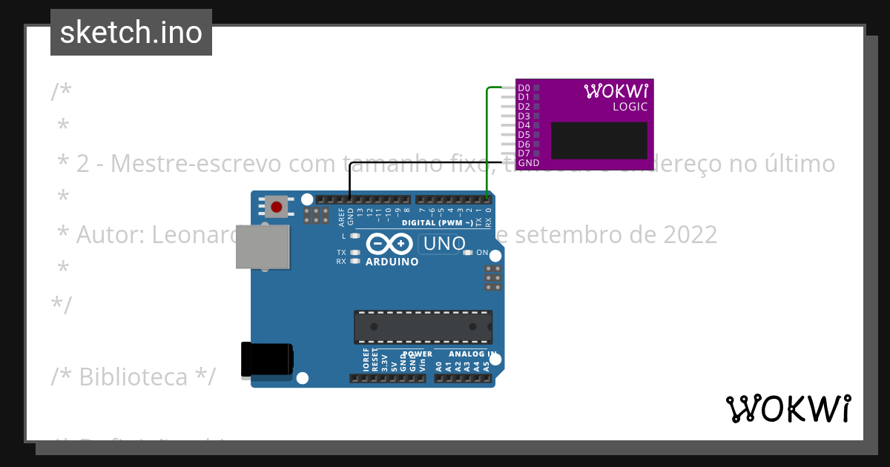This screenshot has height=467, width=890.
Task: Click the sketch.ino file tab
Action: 131,33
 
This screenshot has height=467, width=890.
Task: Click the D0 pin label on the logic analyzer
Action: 524,87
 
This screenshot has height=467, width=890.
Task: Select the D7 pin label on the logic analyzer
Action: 524,153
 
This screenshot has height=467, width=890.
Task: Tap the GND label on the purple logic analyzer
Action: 529,163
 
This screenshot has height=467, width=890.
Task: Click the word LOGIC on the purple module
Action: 630,107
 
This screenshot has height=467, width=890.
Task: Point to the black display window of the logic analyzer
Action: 599,141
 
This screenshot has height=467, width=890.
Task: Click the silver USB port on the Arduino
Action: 263,246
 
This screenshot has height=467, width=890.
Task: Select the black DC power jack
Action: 266,361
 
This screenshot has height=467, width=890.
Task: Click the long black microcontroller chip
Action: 423,327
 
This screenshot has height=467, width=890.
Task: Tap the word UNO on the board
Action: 444,243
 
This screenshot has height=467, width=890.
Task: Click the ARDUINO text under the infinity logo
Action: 392,262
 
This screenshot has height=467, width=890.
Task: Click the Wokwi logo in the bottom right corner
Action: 788,408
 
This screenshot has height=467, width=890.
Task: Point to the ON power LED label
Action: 482,253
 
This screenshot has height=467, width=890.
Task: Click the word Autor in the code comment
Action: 111,234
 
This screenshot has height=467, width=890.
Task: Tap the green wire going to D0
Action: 487,141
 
